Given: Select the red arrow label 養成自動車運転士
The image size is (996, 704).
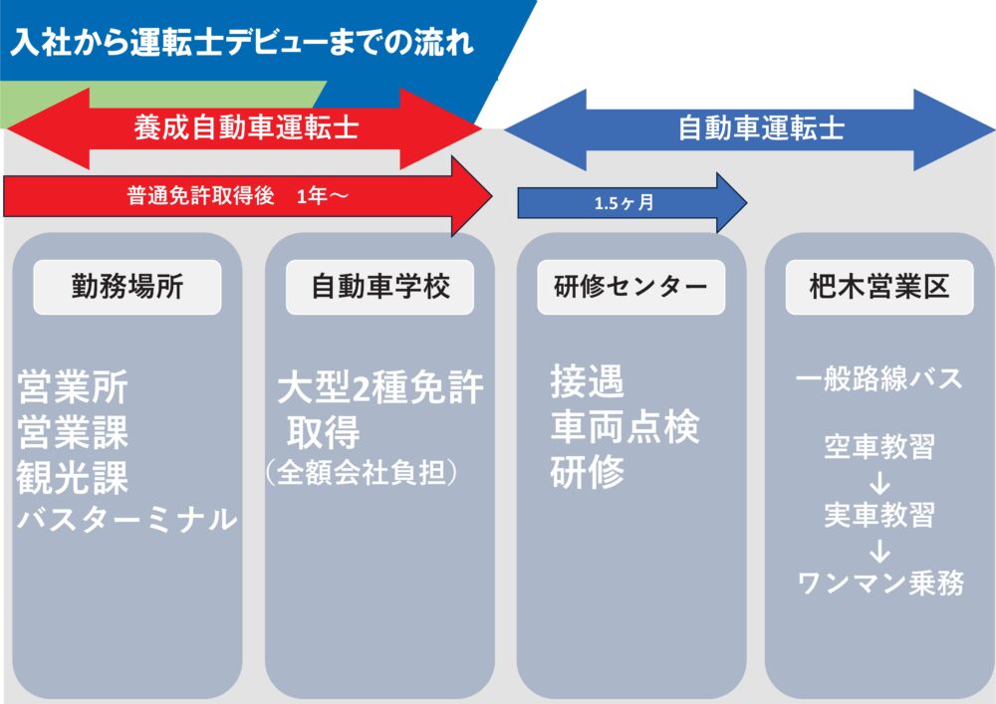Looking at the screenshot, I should [x=246, y=128].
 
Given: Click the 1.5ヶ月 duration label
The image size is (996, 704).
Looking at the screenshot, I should [x=623, y=203].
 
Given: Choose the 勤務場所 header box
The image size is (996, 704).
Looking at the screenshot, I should [x=127, y=287].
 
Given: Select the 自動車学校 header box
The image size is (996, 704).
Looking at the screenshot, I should [x=380, y=287].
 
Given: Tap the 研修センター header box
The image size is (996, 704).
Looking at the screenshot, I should [x=630, y=287].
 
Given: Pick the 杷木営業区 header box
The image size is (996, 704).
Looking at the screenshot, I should [x=880, y=287].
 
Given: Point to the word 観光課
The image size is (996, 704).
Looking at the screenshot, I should [x=73, y=478].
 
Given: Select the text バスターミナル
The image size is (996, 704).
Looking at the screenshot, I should [x=126, y=519].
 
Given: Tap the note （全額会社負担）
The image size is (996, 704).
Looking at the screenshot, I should [x=361, y=471].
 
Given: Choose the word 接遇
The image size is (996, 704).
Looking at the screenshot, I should [x=587, y=381].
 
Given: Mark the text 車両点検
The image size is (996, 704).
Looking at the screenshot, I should [x=624, y=427].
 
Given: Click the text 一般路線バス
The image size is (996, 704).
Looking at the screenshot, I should [x=879, y=379].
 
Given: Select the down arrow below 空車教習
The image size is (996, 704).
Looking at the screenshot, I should [x=879, y=483].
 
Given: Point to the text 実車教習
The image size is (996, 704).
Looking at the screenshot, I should [x=879, y=515].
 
